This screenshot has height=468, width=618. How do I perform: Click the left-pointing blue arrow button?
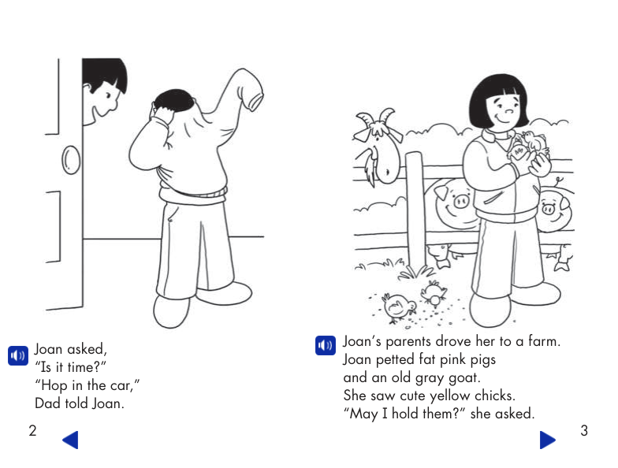click(70, 440)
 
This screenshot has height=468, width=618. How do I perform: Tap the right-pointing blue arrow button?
click(547, 440)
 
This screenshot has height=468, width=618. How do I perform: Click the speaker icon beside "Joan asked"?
click(17, 355)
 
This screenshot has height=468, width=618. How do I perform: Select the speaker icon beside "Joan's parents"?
click(325, 345)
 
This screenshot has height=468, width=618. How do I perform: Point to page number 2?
click(32, 430)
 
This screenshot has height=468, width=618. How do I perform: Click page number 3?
click(584, 430)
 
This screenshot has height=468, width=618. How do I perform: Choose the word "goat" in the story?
click(463, 377)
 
